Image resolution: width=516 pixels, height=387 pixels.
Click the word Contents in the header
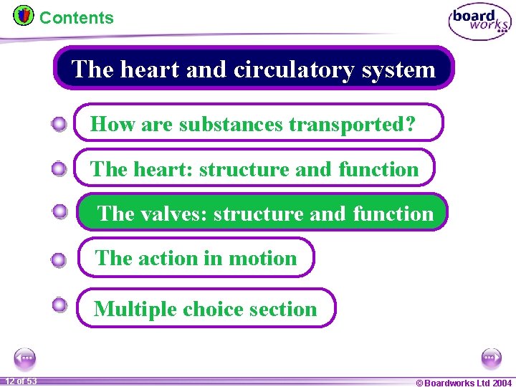tap(76, 18)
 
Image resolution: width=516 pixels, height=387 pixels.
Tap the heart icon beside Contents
tap(23, 15)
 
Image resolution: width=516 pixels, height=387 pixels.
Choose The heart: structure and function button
tap(254, 168)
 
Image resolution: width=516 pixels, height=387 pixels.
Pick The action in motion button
tap(196, 258)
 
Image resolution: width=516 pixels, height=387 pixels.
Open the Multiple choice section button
tap(206, 309)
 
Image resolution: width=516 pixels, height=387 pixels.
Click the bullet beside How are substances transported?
tap(59, 125)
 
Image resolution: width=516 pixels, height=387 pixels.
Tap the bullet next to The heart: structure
tap(59, 169)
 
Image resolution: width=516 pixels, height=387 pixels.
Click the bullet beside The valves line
tap(59, 211)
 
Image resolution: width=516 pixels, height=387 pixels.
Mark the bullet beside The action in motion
tap(59, 260)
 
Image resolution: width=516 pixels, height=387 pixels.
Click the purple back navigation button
tap(24, 358)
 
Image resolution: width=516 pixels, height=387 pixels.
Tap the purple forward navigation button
tap(492, 358)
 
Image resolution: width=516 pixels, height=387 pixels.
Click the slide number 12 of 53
tap(22, 381)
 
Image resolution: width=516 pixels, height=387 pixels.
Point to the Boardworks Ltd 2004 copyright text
tap(464, 383)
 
